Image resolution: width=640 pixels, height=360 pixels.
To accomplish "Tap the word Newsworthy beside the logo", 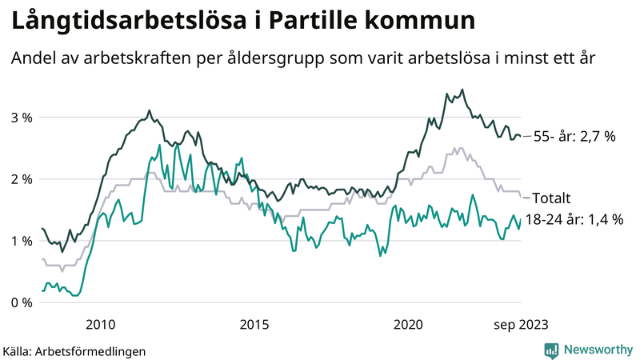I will tap(598, 350).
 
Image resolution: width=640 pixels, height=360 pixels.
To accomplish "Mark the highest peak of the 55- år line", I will tap(462, 90).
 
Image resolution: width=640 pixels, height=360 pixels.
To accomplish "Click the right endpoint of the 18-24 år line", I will tap(520, 220).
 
